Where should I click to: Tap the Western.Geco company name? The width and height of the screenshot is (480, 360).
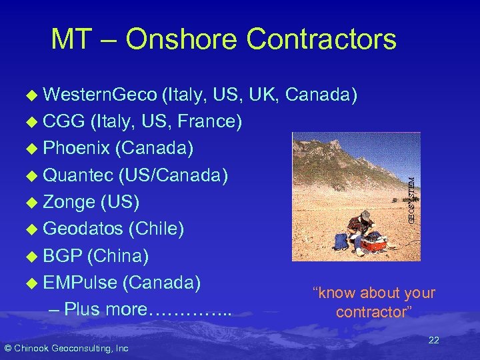coord(99,95)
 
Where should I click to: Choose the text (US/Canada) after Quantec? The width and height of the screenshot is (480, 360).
coord(173,175)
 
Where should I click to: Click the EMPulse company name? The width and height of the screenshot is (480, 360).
coord(79,282)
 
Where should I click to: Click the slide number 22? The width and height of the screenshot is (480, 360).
coord(433,341)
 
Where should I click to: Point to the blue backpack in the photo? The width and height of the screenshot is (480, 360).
coord(341,241)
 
